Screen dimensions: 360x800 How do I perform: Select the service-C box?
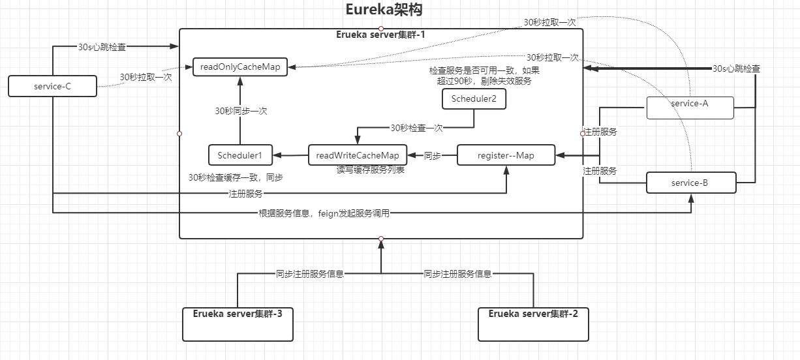52,86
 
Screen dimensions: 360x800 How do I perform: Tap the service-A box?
690,108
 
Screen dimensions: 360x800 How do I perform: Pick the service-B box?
690,183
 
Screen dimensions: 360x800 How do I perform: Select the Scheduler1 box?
239,155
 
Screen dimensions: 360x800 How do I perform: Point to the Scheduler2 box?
474,99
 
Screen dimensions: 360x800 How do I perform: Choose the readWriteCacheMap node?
357,155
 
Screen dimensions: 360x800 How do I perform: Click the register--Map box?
506,155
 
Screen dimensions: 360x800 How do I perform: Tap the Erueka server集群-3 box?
238,324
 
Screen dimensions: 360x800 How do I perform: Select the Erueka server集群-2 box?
533,324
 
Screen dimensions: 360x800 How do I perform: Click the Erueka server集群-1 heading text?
380,34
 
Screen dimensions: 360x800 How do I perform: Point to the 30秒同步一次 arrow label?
241,111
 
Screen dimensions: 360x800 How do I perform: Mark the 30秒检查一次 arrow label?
416,128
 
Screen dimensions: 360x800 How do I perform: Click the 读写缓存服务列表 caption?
370,170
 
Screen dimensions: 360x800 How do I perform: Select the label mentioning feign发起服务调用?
324,213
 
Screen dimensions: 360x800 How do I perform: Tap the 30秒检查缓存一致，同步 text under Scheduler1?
236,177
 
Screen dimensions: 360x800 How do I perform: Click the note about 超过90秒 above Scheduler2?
484,76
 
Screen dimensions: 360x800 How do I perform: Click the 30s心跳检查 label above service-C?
102,47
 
